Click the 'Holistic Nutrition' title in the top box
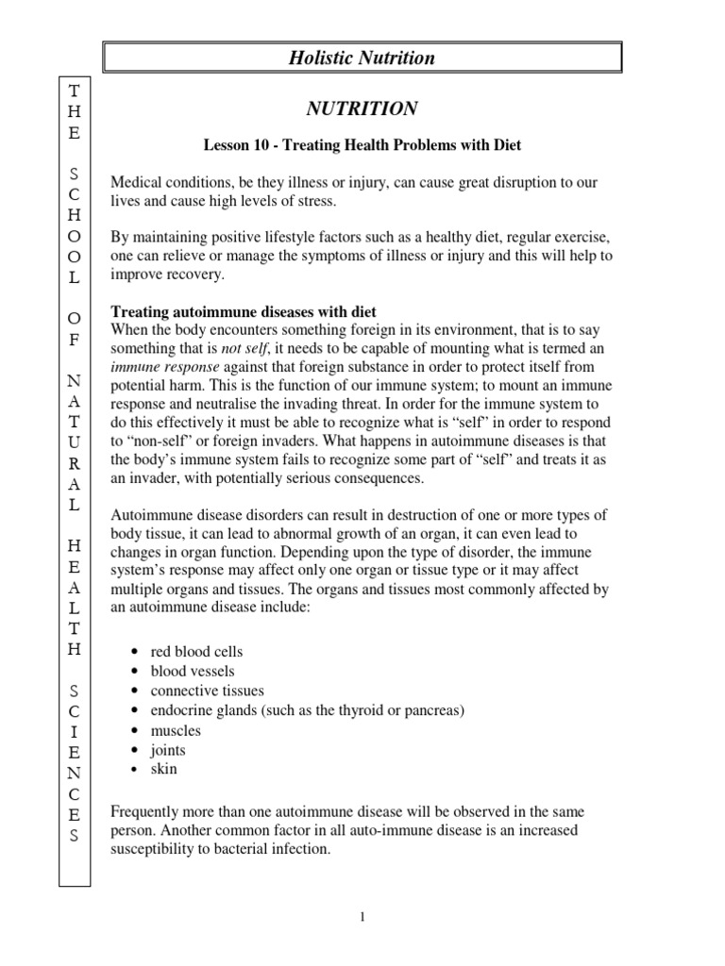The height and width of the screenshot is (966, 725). (x=362, y=58)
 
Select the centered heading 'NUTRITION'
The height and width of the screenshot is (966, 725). (x=362, y=109)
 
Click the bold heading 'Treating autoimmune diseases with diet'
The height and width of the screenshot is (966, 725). (x=244, y=312)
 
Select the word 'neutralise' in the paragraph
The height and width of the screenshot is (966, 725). (x=224, y=404)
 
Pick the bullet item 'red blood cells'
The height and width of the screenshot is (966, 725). (x=196, y=652)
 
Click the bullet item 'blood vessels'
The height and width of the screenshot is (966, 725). (x=189, y=671)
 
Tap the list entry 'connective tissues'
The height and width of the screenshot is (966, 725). (x=207, y=691)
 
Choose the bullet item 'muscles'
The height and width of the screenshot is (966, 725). (x=176, y=730)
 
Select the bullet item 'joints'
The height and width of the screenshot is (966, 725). (x=168, y=750)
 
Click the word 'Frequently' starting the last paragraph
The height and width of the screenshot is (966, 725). (x=144, y=811)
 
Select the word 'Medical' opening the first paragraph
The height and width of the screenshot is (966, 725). (x=136, y=181)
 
